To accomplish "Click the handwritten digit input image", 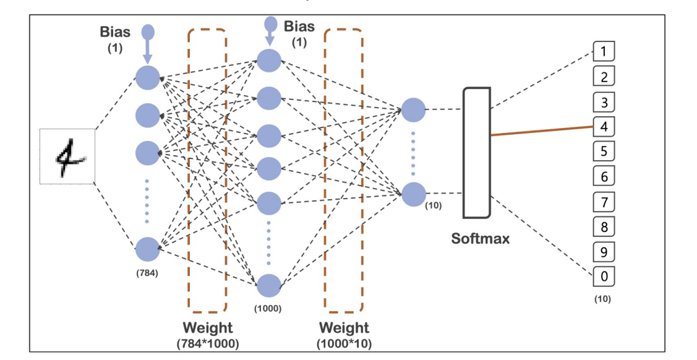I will [x=67, y=156].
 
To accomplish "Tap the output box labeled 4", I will [x=604, y=126].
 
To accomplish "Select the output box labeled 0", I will [x=604, y=276].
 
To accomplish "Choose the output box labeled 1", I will [x=604, y=51].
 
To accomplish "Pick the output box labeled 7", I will [x=604, y=202].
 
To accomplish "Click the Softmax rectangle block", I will [x=477, y=153].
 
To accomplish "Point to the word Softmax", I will [x=481, y=239].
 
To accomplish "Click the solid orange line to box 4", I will [x=542, y=131].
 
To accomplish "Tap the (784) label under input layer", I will [x=147, y=274].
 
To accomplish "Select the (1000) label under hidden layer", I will [x=268, y=308].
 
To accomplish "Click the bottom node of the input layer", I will [x=147, y=249].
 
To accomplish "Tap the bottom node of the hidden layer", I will [x=269, y=285].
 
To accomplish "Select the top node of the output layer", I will [x=413, y=110].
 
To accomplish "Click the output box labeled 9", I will [x=604, y=252].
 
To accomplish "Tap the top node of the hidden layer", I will [x=269, y=60].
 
